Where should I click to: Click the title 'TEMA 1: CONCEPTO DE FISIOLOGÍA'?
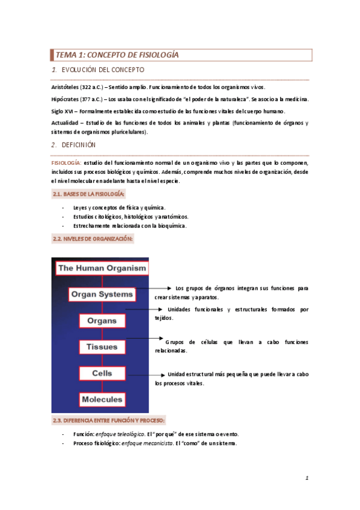click(x=117, y=55)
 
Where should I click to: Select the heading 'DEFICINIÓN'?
click(x=78, y=145)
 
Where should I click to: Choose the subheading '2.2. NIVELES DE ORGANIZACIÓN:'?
click(x=92, y=239)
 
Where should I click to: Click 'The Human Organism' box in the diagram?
click(x=102, y=268)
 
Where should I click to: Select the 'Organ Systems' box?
click(x=102, y=294)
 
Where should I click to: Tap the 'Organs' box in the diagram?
click(x=102, y=321)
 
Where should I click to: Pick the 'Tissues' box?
click(x=102, y=347)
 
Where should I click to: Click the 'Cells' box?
click(x=102, y=373)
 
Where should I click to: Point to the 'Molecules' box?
click(x=102, y=399)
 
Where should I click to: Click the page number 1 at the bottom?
click(x=307, y=478)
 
